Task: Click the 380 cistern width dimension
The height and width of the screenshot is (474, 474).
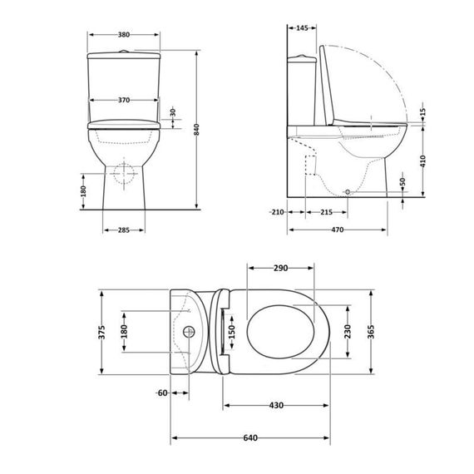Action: pos(124,35)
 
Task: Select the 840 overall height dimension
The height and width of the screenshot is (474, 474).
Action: pos(197,130)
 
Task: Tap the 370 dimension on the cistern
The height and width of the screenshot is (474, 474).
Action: pos(124,100)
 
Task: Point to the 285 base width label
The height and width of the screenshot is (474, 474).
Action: pos(124,230)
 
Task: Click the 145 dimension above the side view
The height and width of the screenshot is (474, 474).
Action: pos(302,28)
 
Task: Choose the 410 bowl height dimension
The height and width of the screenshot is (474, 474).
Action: pos(423,161)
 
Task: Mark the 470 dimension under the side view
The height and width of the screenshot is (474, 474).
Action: pos(338,230)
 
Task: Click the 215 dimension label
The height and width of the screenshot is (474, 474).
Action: pos(327,212)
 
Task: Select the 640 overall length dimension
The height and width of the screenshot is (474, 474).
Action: pos(250,437)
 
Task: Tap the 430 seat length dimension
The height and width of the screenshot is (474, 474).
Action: pos(276,405)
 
